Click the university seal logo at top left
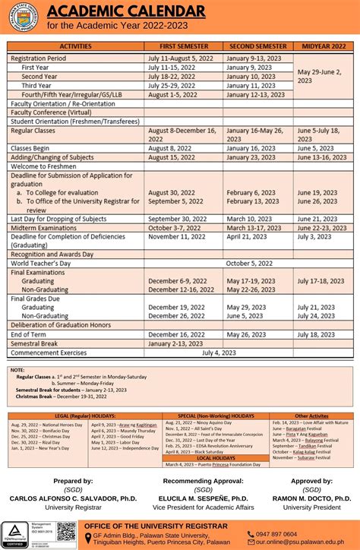(24, 17)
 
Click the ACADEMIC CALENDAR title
(126, 11)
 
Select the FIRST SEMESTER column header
(183, 46)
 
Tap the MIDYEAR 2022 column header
(324, 46)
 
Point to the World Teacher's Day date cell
(220, 263)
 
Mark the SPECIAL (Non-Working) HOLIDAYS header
(216, 416)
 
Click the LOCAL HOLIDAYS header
(215, 458)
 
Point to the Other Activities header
(312, 416)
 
